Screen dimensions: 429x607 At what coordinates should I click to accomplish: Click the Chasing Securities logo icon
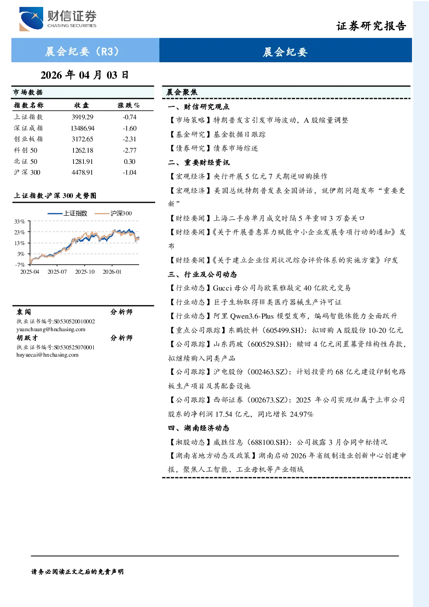coord(31,19)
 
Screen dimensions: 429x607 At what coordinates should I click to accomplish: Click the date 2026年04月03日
coord(85,75)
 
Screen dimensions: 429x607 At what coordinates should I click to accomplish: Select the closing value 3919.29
coord(83,117)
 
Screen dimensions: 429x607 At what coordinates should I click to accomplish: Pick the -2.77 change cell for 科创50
coord(130,150)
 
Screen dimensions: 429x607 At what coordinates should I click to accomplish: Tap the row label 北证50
coord(26,162)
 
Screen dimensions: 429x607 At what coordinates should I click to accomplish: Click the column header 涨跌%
coord(129,105)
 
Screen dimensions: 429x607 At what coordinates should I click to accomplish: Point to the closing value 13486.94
coord(83,128)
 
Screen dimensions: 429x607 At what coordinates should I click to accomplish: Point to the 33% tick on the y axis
coord(19,222)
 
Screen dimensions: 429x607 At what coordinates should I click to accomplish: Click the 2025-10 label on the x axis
coord(85,272)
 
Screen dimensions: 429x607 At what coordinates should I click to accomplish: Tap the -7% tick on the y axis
coord(20,265)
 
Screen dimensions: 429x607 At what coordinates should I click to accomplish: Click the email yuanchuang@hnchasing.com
coord(51,329)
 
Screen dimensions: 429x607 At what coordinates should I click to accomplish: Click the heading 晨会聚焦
coord(182,92)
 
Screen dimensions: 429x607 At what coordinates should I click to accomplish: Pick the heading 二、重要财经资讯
coord(199,162)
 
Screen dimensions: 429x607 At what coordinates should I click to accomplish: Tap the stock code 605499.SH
coord(283,330)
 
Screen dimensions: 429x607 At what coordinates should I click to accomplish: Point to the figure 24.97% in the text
coord(302,414)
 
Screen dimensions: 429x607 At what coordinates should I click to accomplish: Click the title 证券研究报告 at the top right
coord(371,26)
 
